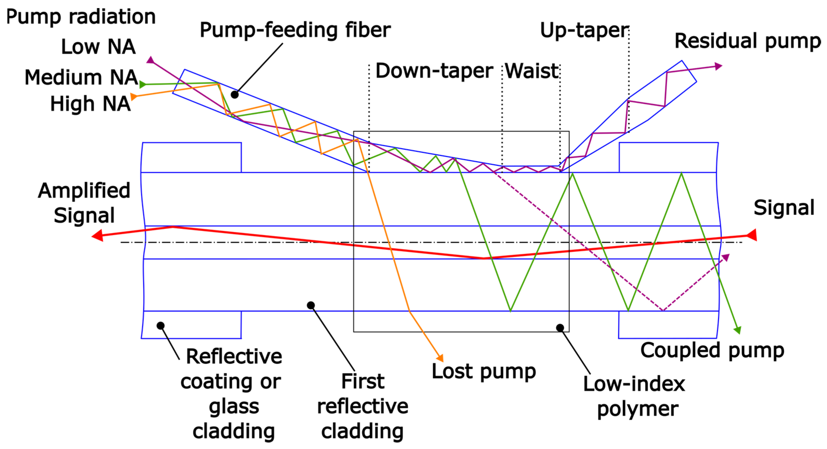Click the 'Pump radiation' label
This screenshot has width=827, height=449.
coord(81,17)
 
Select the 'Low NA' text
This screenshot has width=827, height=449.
coord(98,47)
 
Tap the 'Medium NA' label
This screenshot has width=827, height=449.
coord(81,77)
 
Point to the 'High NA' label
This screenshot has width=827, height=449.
coord(90,104)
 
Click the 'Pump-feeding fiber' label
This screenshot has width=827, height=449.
coord(295,30)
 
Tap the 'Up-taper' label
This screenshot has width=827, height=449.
coord(584,30)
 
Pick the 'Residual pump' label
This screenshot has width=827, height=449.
coord(747,41)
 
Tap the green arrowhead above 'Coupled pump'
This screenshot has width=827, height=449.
coord(738,330)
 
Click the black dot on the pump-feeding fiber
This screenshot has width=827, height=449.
coord(235,95)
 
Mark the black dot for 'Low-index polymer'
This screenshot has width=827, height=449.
coord(560,328)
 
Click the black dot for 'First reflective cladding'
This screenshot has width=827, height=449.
coord(311,305)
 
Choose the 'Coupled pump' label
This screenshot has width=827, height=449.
coord(712,350)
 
